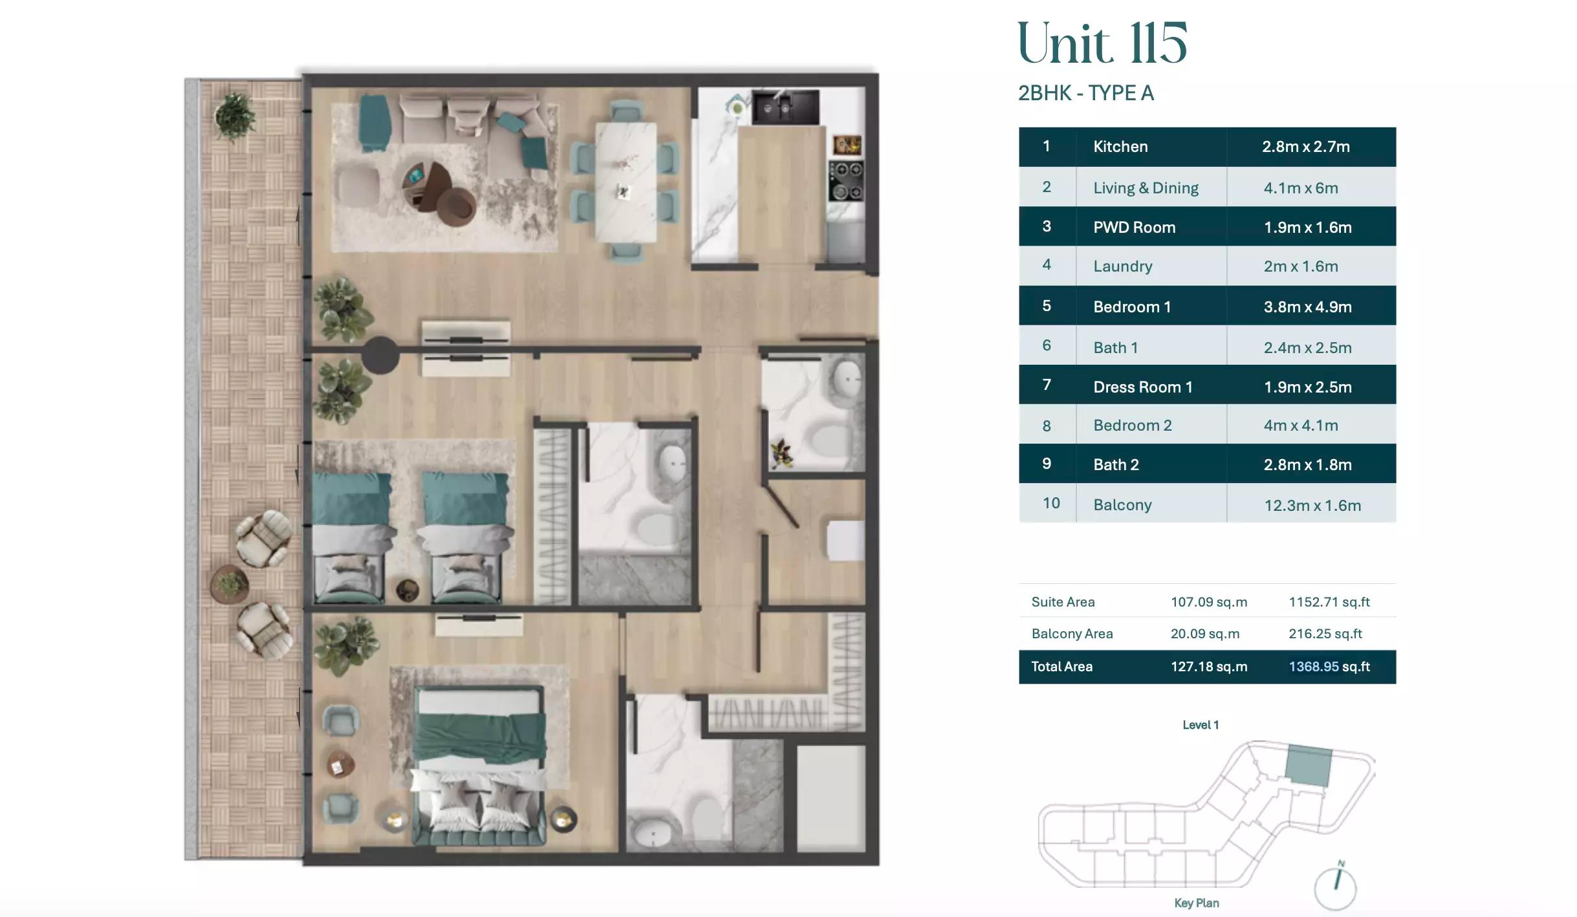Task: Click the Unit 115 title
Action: coord(1102,44)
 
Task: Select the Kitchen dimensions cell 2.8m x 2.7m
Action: coord(1305,147)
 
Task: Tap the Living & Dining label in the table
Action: coord(1145,188)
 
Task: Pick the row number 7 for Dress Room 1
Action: coord(1046,385)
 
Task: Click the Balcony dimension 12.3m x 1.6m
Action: coord(1312,505)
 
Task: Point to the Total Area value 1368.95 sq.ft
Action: coord(1329,667)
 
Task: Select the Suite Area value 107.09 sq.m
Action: coord(1208,602)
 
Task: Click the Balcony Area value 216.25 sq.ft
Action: coord(1325,634)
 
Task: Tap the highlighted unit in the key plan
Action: coord(1308,765)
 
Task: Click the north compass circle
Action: coord(1334,889)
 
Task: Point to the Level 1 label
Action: coord(1200,725)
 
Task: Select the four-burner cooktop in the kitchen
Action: coord(846,181)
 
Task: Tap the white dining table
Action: coord(625,181)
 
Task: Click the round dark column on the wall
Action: coord(380,354)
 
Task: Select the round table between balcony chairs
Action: coord(228,584)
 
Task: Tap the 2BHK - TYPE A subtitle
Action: coord(1085,93)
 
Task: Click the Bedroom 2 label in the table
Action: coord(1132,426)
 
